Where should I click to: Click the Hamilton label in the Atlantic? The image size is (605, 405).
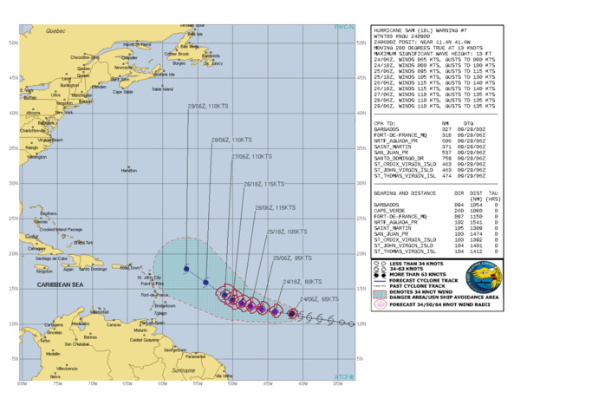(128, 171)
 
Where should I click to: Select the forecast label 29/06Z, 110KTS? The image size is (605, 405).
(208, 106)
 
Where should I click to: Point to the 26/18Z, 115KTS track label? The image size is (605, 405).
(264, 184)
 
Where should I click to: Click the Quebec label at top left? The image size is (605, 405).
(56, 30)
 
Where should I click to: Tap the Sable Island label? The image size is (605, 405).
(162, 88)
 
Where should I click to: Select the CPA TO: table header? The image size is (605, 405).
(387, 124)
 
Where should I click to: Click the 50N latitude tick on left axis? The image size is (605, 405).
(12, 42)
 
